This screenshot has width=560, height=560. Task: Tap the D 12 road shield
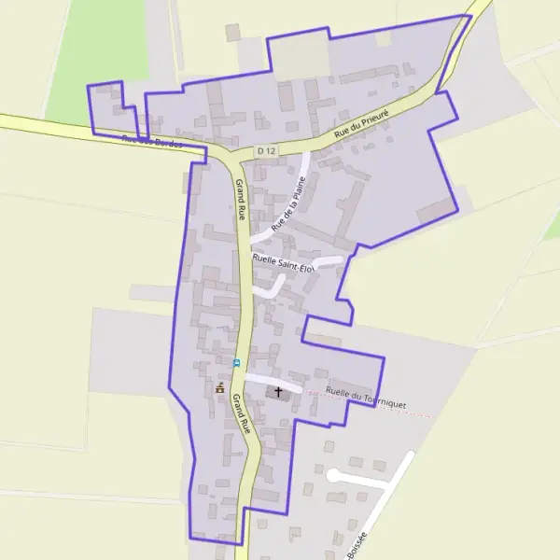click(268, 151)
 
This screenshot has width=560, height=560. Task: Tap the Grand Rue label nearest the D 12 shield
click(241, 199)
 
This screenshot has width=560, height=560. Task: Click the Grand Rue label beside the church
click(242, 413)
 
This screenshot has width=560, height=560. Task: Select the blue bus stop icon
click(236, 362)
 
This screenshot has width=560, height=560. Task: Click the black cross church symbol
click(277, 392)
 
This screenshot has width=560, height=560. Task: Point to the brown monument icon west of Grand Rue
click(220, 387)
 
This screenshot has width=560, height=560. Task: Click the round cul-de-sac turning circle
click(333, 475)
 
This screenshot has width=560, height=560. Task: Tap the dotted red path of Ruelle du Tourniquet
click(411, 411)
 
